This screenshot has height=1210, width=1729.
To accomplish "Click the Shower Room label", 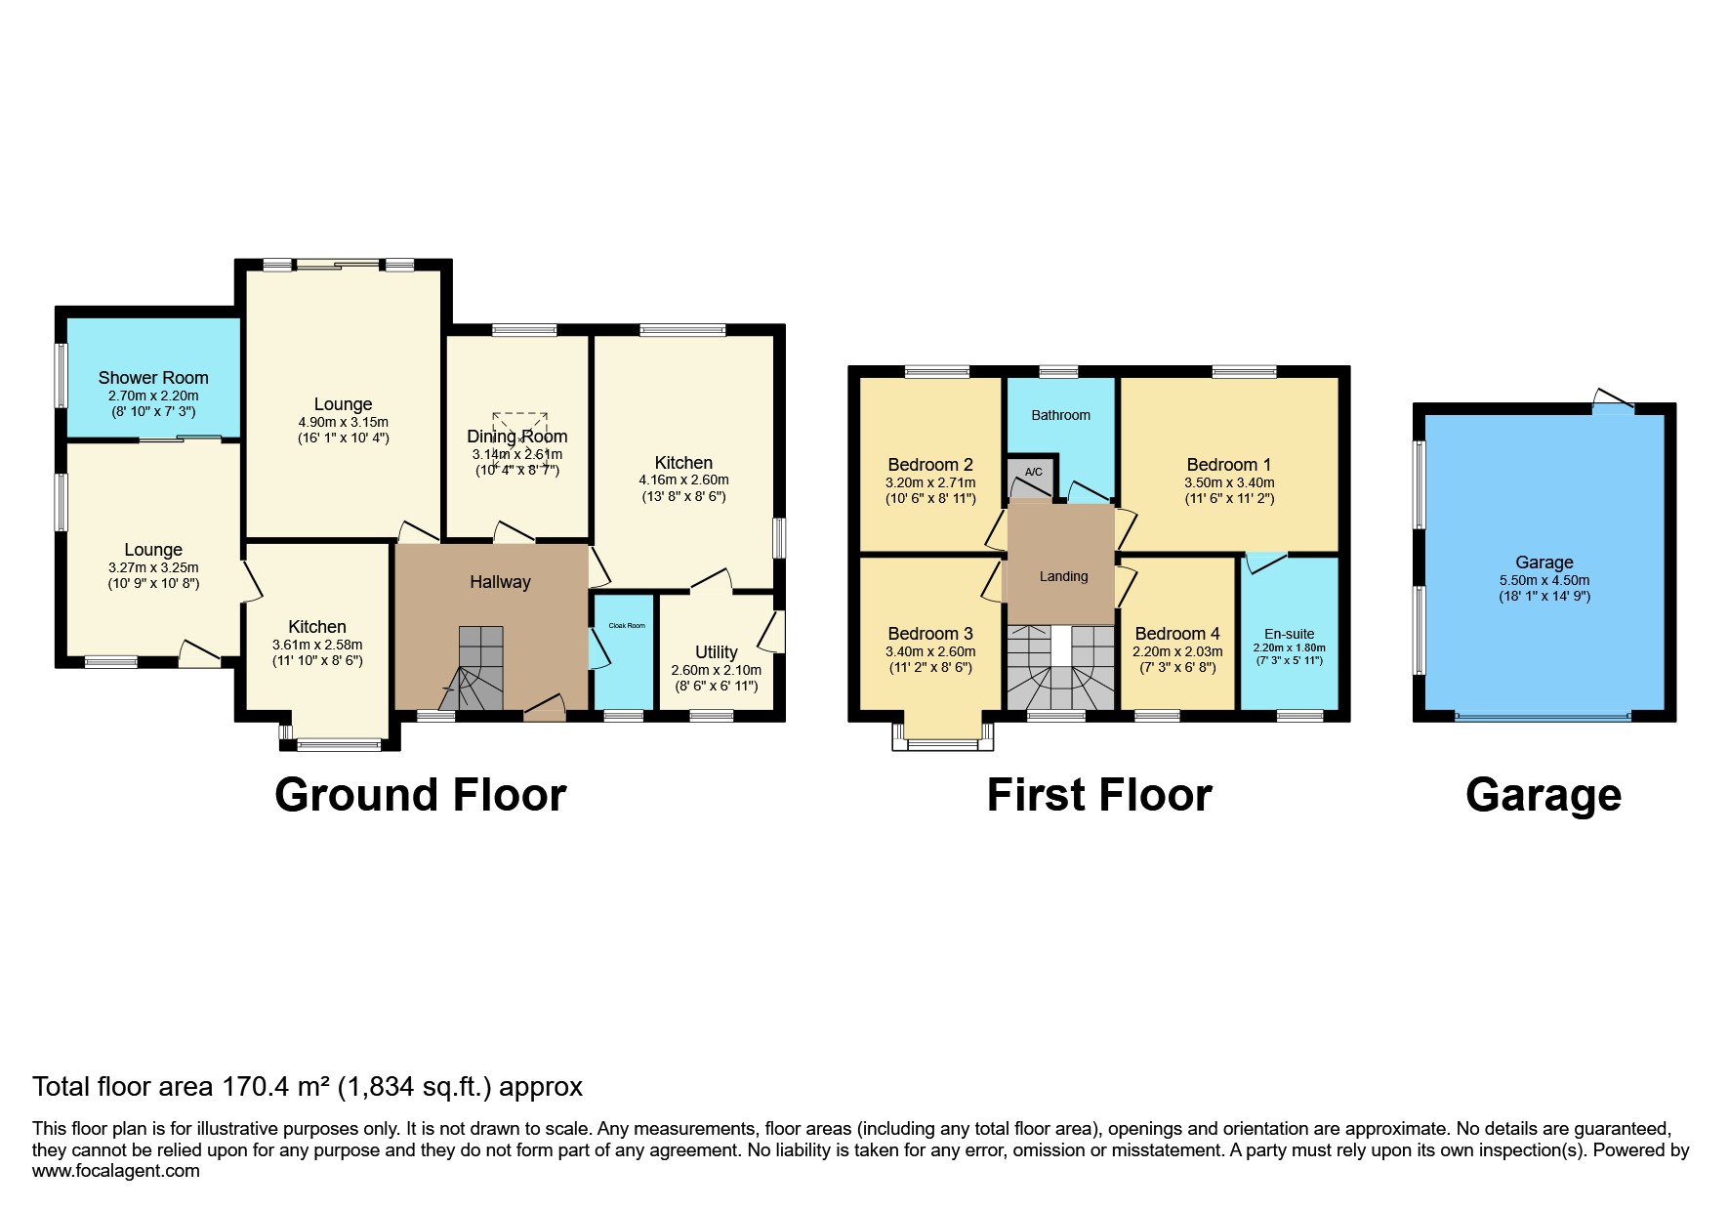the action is coord(153,378).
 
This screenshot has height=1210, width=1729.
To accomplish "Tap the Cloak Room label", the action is coord(627,625).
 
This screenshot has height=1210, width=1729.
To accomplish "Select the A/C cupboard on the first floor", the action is coord(1033,476).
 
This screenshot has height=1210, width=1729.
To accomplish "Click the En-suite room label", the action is coord(1289,634).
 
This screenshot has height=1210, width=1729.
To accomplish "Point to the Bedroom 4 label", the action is coord(1177,634).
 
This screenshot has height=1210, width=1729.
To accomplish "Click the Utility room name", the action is coord(717,652).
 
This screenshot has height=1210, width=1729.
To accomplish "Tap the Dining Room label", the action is coord(517,437).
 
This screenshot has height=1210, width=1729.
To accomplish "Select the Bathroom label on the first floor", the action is coord(1061,415).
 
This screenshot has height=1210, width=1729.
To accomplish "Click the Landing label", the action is coord(1063,576).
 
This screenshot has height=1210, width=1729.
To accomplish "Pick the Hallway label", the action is coord(500,582).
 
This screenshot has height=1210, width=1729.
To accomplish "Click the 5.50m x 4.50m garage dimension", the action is coord(1544,580).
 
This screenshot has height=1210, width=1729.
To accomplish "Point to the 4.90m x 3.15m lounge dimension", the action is coord(344,422).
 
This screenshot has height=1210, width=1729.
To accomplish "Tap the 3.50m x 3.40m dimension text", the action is coord(1229,482).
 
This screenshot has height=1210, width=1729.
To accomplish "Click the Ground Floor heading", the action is coord(421,795).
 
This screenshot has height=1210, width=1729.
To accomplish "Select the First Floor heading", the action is coord(1099,795).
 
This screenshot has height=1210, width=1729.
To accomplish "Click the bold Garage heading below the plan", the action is coord(1544,795).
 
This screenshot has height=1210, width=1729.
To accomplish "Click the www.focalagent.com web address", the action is coord(116,1171).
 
